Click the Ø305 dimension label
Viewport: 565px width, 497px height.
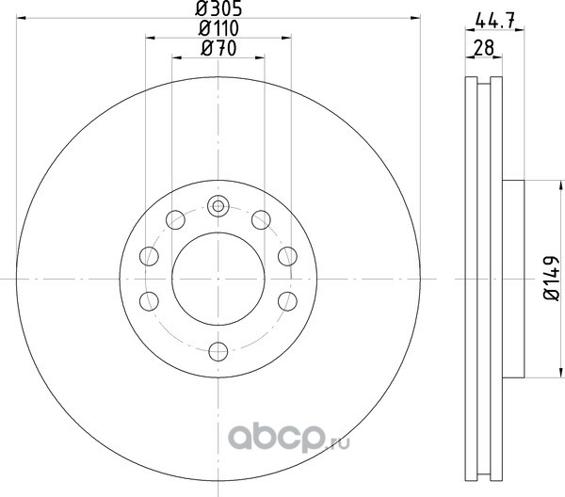click(x=218, y=8)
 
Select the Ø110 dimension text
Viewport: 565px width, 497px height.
click(x=218, y=28)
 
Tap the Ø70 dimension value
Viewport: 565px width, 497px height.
click(x=218, y=49)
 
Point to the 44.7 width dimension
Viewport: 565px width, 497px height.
click(x=494, y=21)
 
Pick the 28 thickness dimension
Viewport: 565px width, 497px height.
click(x=484, y=48)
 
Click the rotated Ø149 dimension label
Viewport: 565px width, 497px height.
click(x=551, y=279)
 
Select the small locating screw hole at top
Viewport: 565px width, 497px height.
click(x=218, y=206)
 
